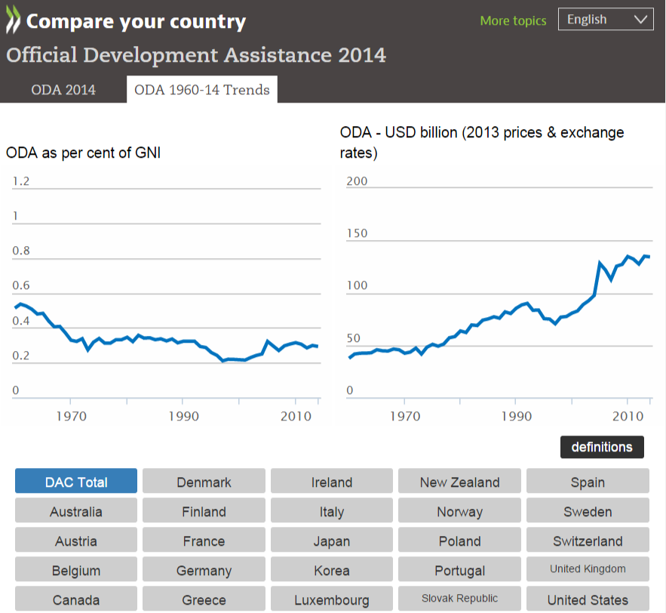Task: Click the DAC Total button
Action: [76, 482]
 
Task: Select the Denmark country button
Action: [204, 482]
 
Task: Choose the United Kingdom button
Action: [588, 569]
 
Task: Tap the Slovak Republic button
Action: [459, 599]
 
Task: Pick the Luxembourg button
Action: [332, 600]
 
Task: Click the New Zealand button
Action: [459, 482]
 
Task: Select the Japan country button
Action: [332, 541]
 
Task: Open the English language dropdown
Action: [606, 20]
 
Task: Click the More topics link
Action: [513, 20]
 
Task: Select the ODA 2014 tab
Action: [63, 90]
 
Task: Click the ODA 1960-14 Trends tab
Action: [201, 90]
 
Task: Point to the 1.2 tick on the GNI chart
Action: [21, 181]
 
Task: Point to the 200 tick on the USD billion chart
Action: [357, 181]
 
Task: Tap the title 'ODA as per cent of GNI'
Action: [83, 152]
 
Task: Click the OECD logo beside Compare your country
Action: [14, 22]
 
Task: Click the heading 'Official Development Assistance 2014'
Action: [196, 55]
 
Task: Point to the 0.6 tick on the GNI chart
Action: [21, 285]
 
